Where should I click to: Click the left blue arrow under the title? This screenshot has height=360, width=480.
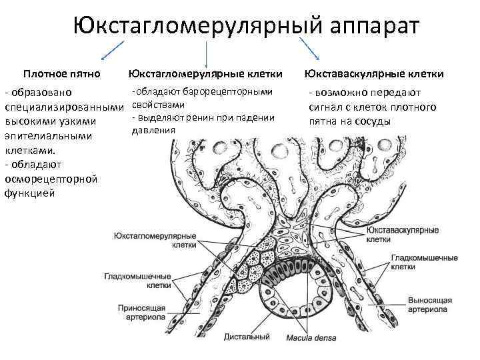click(x=113, y=51)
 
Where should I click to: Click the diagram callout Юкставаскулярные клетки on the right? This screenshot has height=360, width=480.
click(x=403, y=234)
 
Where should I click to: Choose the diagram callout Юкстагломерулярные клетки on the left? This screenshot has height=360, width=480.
click(x=155, y=241)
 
